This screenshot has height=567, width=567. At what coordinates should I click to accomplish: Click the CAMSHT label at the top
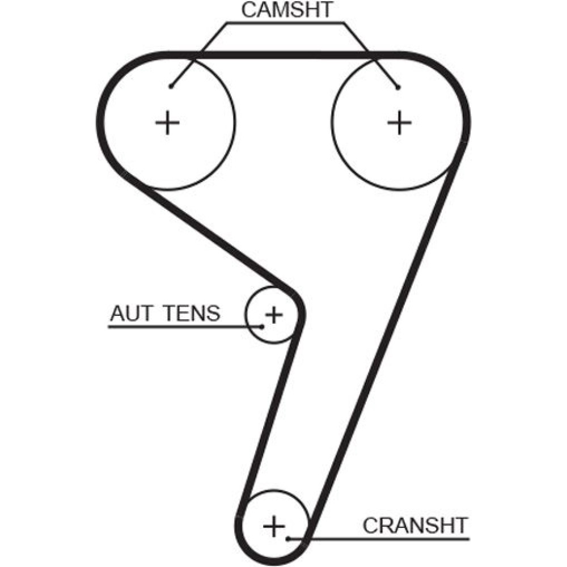tap(288, 10)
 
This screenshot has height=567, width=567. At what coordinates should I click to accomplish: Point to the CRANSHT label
tap(416, 525)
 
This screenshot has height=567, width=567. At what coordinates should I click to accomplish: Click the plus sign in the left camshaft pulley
tap(168, 122)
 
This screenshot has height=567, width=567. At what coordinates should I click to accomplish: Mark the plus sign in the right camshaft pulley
tap(400, 122)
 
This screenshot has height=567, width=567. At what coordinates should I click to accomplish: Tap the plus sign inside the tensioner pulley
tap(274, 314)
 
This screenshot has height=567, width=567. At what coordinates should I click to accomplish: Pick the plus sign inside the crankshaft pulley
tap(274, 527)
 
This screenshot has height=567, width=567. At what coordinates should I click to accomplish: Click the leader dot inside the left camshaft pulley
tap(171, 86)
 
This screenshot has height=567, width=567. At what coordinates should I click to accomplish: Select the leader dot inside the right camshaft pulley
tap(398, 87)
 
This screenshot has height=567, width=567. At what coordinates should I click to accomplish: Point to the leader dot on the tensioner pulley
tap(262, 326)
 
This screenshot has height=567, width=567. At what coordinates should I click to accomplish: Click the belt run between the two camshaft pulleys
tap(283, 54)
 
